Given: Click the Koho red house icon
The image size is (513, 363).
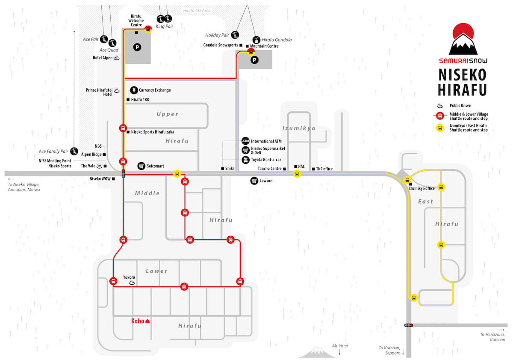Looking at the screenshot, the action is click(x=147, y=321).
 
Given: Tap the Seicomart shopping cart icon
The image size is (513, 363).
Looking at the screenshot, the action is click(x=142, y=166).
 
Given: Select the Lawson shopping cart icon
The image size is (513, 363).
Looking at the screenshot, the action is click(x=254, y=181).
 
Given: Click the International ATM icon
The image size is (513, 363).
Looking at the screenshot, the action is click(x=245, y=141).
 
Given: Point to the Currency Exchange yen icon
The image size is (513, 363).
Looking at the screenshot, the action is click(x=134, y=90).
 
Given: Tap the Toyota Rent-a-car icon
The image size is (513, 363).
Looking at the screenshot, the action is click(x=245, y=160).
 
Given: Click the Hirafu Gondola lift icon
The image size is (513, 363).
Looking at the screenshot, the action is click(x=256, y=40).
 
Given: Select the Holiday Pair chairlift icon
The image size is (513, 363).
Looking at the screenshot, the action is click(x=235, y=35).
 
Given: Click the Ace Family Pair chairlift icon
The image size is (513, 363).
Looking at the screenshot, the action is click(x=74, y=151).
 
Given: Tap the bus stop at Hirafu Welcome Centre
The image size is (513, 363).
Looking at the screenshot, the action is click(x=148, y=30).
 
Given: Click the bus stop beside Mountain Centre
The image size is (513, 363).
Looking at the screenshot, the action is click(x=251, y=52).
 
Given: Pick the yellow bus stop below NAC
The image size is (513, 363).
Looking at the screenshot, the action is click(x=297, y=174).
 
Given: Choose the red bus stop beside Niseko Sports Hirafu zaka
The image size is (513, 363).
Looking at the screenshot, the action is click(x=123, y=128).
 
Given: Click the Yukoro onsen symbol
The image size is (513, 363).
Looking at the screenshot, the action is click(x=132, y=283).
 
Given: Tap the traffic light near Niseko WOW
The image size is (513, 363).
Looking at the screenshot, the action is click(x=124, y=174).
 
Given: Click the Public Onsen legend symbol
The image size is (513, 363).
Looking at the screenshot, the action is click(x=440, y=106).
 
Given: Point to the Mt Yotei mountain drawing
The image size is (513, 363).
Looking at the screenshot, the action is click(x=317, y=352).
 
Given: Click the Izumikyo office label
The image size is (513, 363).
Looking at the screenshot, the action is click(x=422, y=188).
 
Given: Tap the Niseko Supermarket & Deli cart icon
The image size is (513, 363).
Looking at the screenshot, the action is click(x=245, y=150).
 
